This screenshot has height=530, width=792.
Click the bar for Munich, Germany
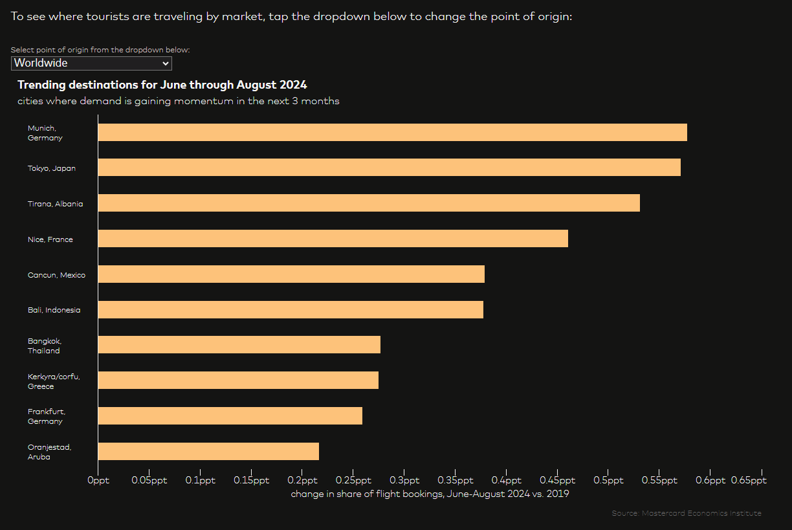coord(392,133)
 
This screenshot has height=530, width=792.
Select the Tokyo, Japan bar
coord(389,168)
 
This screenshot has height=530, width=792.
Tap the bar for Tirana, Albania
coord(369,203)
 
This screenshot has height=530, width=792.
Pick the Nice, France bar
coord(333,239)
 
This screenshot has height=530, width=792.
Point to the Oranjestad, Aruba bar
coord(208,452)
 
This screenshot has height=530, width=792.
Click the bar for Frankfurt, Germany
coord(230,416)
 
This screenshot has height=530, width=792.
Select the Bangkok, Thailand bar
coord(239,345)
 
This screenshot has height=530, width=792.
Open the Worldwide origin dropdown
coord(91,63)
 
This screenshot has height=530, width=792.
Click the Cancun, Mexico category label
coord(56,275)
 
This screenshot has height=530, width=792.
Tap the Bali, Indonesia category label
coord(54,310)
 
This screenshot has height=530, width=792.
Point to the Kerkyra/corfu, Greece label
coord(54,381)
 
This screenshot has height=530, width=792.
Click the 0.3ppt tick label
coord(404,481)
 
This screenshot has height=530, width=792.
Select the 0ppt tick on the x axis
coord(98,481)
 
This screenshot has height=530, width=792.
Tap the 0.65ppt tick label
coord(749,481)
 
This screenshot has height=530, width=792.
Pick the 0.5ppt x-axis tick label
coord(608,481)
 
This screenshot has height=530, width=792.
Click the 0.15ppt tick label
coord(251,481)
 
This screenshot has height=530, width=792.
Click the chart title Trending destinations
coord(162,85)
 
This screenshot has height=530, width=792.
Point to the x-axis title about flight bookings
coord(430,494)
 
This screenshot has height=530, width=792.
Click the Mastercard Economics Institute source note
coord(687,513)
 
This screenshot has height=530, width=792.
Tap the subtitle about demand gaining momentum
coord(178,101)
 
